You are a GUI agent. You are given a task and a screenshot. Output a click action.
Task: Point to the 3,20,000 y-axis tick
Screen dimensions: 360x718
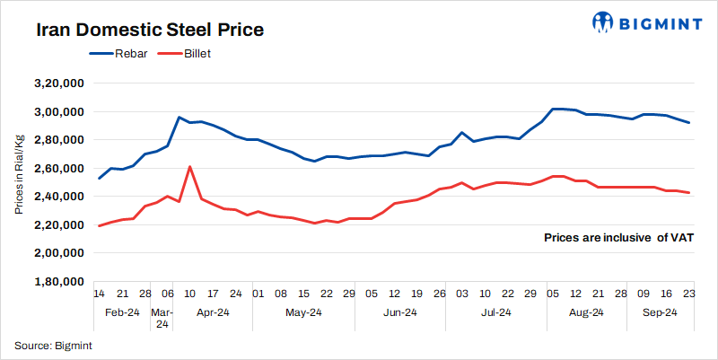click(x=57, y=83)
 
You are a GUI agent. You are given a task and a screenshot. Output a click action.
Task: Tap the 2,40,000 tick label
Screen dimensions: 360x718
click(x=57, y=197)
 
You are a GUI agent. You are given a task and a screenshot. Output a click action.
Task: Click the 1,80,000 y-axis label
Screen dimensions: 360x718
click(x=57, y=282)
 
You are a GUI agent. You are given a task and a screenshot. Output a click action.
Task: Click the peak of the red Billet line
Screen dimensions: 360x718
click(x=189, y=167)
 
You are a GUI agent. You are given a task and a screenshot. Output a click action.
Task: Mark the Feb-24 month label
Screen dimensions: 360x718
click(x=121, y=313)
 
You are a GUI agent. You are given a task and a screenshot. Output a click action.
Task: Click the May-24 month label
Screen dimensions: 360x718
click(x=303, y=313)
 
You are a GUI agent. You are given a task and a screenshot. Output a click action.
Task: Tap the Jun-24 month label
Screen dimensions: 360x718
click(x=399, y=313)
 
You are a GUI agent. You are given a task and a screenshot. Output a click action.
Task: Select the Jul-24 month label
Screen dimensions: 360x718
click(x=495, y=313)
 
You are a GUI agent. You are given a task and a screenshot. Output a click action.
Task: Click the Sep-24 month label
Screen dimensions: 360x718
click(x=661, y=313)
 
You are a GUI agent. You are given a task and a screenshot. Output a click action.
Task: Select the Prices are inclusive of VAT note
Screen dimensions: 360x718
click(x=617, y=238)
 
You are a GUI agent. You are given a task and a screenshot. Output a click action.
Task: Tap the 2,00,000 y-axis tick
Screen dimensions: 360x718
click(x=57, y=253)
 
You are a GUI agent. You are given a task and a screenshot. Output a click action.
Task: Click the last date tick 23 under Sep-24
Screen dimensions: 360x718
click(x=688, y=294)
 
